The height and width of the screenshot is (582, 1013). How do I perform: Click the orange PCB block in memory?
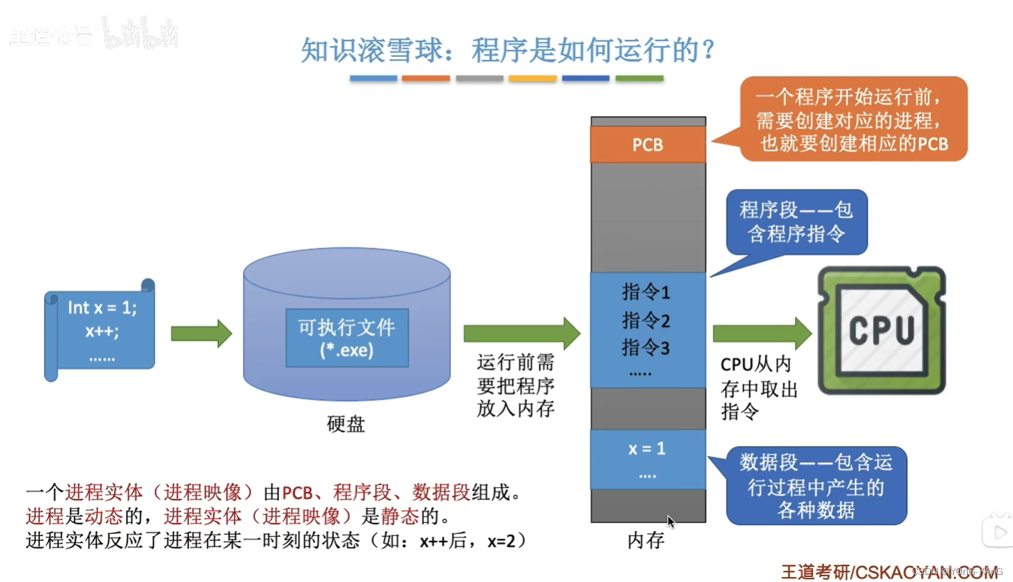[648, 146]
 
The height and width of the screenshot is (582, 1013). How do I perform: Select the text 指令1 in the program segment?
[646, 293]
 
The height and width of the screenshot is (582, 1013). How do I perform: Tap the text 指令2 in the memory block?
[646, 321]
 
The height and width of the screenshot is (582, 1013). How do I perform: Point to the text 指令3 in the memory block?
[646, 347]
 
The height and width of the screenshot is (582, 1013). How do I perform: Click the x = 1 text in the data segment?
[647, 449]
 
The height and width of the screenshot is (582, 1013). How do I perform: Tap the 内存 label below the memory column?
[646, 540]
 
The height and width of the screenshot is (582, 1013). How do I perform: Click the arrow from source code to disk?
[201, 333]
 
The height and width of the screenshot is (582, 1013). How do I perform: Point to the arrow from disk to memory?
[521, 333]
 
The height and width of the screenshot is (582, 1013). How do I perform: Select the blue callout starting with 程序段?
[796, 222]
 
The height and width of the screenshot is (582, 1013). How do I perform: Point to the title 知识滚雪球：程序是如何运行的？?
[508, 50]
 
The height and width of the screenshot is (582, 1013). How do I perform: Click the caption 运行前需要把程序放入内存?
[515, 386]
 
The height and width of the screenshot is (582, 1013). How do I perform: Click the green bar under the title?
[639, 79]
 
